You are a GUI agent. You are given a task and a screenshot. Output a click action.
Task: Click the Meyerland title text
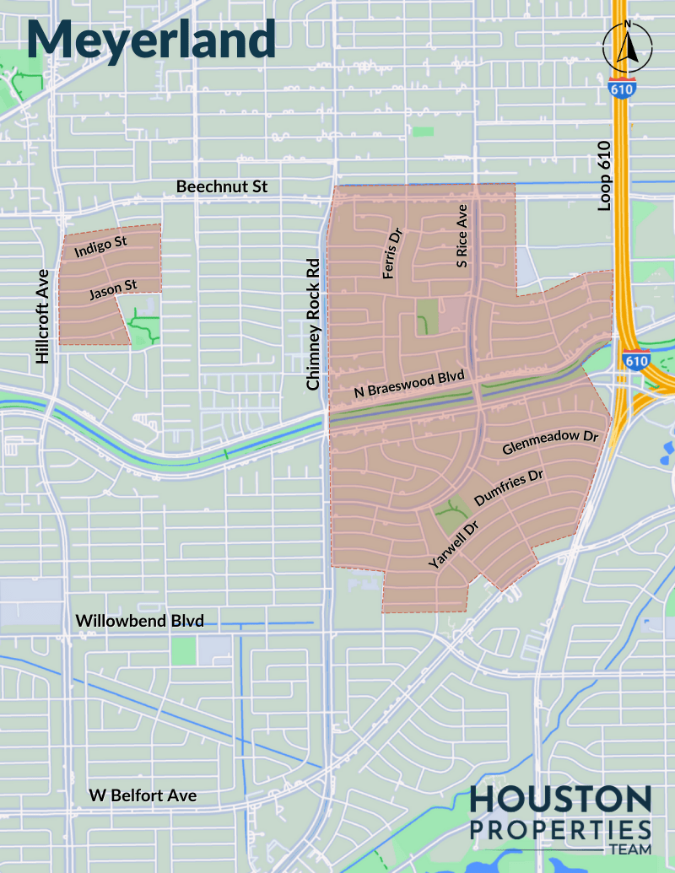[x=152, y=38]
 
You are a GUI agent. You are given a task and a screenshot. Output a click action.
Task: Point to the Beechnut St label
[x=221, y=186]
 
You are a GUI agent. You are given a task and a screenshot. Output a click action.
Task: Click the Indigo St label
[x=100, y=246]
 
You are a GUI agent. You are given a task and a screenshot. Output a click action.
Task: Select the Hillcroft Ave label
[x=43, y=317]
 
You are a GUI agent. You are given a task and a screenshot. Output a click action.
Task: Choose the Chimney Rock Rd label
[x=314, y=324]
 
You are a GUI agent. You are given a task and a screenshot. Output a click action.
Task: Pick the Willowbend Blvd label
[x=140, y=622]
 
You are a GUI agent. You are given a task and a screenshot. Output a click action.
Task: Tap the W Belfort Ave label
[x=143, y=795]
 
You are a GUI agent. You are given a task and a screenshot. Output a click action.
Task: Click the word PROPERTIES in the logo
[x=560, y=828]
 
